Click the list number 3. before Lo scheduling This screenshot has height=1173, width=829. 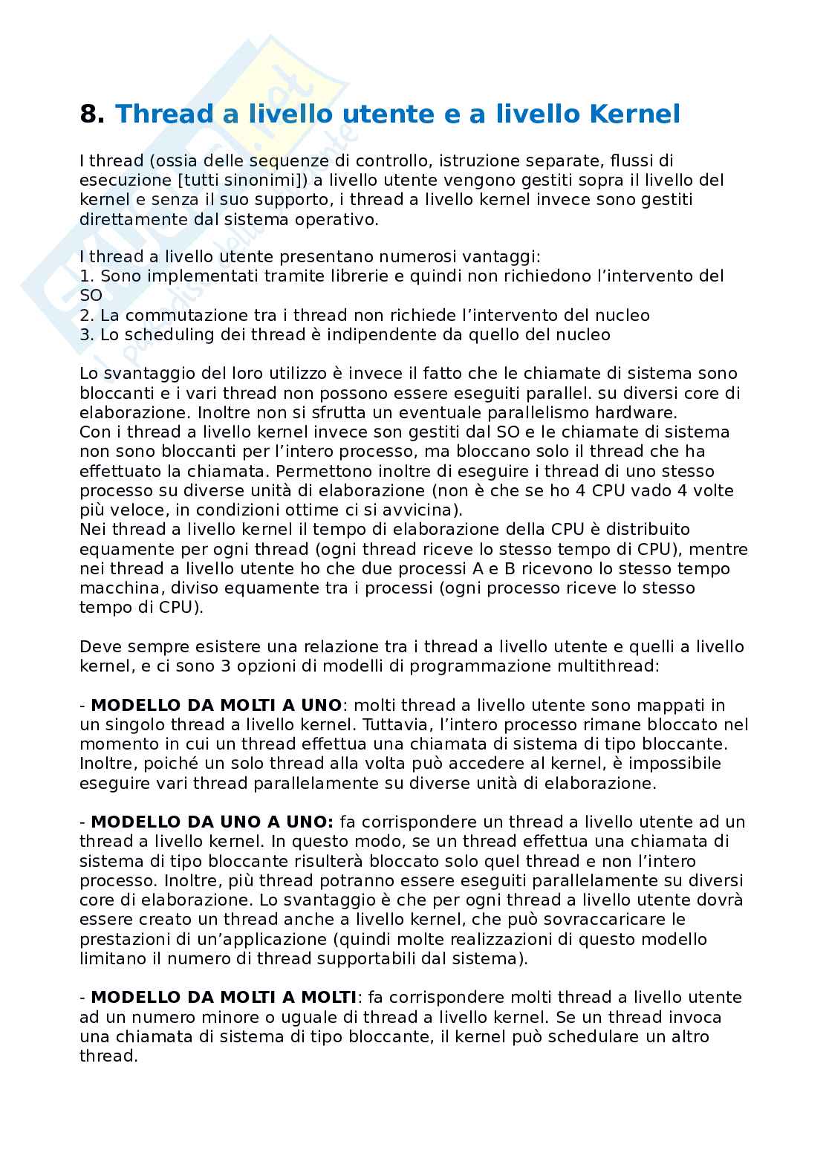pos(87,334)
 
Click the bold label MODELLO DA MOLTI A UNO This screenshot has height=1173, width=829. pos(216,704)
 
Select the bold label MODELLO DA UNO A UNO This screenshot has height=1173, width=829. pos(212,822)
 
